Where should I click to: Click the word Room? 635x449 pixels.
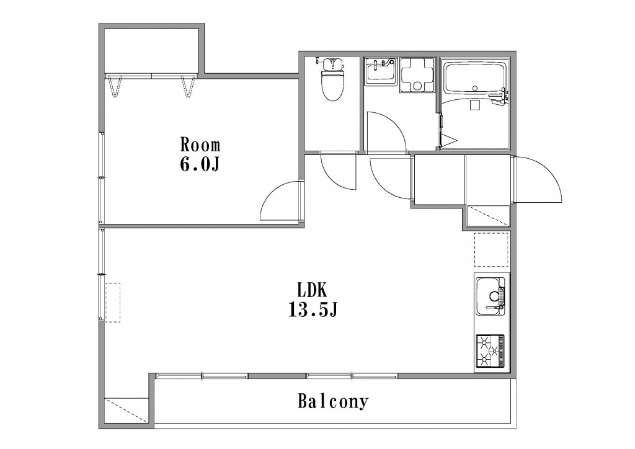[x=200, y=144]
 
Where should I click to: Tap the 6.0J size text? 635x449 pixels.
[x=200, y=164]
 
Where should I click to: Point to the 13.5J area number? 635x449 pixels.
[x=313, y=310]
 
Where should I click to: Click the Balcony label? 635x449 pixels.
[x=333, y=401]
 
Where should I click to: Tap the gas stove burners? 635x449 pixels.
[x=491, y=351]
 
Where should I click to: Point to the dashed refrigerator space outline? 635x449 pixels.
[x=491, y=249]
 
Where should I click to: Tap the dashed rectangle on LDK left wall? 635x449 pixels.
[x=113, y=303]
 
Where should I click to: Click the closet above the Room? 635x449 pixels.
[x=151, y=51]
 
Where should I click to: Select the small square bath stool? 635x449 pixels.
[x=474, y=105]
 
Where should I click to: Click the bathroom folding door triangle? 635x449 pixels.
[x=448, y=141]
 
